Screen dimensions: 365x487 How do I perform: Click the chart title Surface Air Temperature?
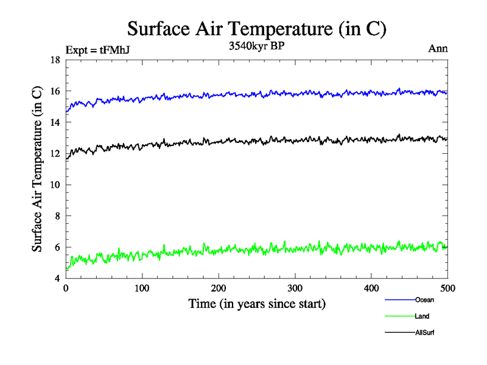[256, 28]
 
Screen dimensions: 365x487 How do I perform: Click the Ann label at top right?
[439, 49]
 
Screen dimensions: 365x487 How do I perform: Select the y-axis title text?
[38, 169]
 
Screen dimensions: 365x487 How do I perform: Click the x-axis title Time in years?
[257, 303]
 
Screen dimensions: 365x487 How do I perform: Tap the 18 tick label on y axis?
[54, 60]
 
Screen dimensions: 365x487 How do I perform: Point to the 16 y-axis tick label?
[54, 91]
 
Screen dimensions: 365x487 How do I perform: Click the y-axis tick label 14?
[54, 122]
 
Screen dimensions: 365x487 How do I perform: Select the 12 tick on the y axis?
[54, 153]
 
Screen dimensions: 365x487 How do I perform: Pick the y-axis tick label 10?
[54, 185]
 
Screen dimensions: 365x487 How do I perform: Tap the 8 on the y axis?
[57, 216]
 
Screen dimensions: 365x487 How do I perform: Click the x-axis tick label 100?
[142, 288]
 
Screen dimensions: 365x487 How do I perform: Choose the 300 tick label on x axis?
[295, 288]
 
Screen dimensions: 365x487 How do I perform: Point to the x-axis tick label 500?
[447, 288]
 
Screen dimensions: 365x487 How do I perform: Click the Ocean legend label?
[424, 300]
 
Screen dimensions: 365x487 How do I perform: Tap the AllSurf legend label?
[425, 333]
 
